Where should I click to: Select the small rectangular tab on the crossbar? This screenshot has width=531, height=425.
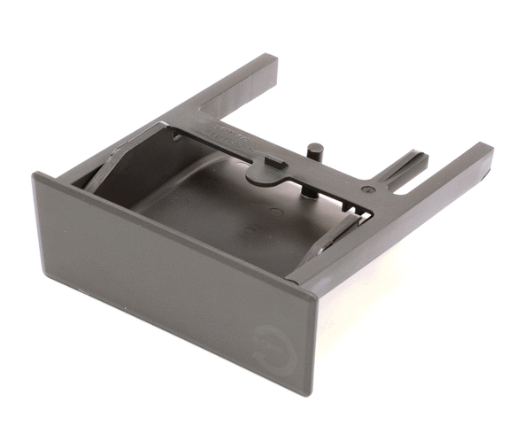click(x=274, y=161)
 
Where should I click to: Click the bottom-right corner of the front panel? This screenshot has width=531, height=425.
click(x=309, y=394)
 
